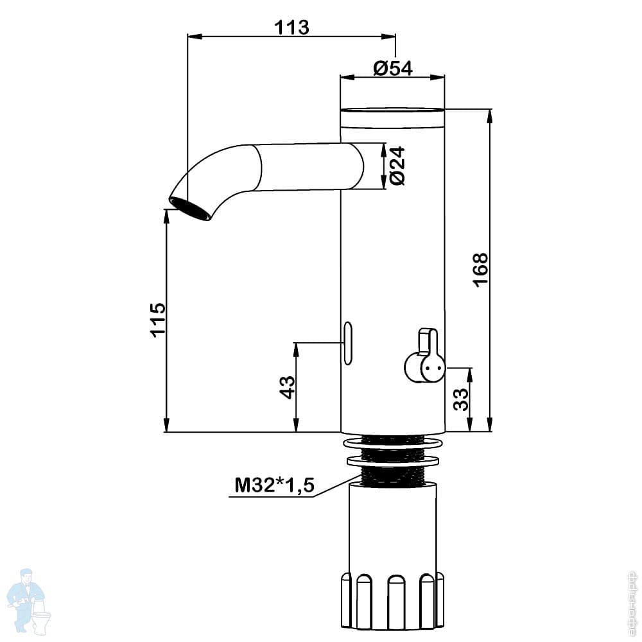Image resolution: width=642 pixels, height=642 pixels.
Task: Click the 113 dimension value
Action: pyautogui.click(x=292, y=28)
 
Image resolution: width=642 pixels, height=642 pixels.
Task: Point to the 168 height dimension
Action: pyautogui.click(x=480, y=270)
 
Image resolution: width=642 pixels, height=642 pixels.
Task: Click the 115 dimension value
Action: pyautogui.click(x=157, y=320)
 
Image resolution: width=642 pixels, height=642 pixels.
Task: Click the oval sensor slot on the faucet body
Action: pyautogui.click(x=348, y=343)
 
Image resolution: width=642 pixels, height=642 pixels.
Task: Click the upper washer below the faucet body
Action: pyautogui.click(x=393, y=444)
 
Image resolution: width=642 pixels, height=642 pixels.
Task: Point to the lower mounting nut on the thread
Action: pyautogui.click(x=393, y=460)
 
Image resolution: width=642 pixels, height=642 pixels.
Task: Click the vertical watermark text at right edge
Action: pyautogui.click(x=633, y=601)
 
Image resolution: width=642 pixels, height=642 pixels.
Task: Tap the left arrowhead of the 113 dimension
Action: pyautogui.click(x=192, y=36)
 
